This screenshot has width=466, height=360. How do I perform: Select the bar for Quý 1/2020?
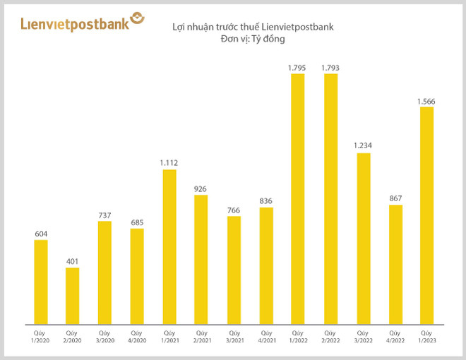click(40, 282)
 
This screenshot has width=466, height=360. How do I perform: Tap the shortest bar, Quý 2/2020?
click(73, 296)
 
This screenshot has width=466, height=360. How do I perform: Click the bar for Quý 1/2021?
click(169, 246)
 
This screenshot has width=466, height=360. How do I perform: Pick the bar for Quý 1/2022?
click(297, 198)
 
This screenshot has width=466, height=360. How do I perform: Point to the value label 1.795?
click(297, 67)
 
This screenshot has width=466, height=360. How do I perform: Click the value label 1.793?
click(330, 67)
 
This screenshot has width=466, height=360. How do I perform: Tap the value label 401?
click(73, 261)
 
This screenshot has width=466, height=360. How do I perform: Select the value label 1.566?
click(426, 101)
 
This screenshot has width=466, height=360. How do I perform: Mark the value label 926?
click(201, 188)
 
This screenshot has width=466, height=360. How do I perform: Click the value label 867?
click(395, 198)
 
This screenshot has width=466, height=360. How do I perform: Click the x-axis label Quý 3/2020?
click(104, 336)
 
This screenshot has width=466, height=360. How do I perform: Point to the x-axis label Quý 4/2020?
click(137, 336)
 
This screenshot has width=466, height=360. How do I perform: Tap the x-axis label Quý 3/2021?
click(234, 336)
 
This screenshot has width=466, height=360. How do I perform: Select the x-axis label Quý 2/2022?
click(330, 336)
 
